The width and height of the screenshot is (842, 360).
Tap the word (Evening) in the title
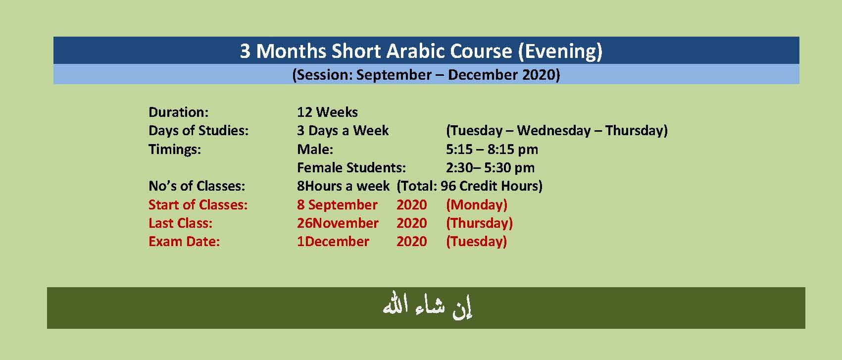(560, 51)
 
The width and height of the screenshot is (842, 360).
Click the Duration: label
(179, 112)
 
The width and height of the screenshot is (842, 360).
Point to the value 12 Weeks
(327, 112)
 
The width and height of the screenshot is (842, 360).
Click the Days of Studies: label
(198, 131)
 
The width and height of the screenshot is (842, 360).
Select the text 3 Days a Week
(343, 131)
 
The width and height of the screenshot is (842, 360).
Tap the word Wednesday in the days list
(554, 131)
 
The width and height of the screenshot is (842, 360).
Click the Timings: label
(175, 150)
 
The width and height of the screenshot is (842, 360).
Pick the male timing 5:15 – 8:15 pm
(492, 150)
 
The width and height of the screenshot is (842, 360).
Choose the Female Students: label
(351, 168)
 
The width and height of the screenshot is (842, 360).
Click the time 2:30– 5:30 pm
(490, 168)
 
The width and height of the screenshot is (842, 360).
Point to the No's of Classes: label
(197, 186)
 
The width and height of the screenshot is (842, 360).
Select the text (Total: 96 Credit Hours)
(469, 186)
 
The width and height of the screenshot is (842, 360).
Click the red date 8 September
(337, 205)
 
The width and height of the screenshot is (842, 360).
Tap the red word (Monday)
(477, 205)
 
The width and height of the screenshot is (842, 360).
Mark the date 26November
(338, 223)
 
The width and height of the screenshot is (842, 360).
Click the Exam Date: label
(184, 242)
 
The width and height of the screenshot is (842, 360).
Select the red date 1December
(333, 242)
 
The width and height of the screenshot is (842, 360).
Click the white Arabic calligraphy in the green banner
(427, 306)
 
